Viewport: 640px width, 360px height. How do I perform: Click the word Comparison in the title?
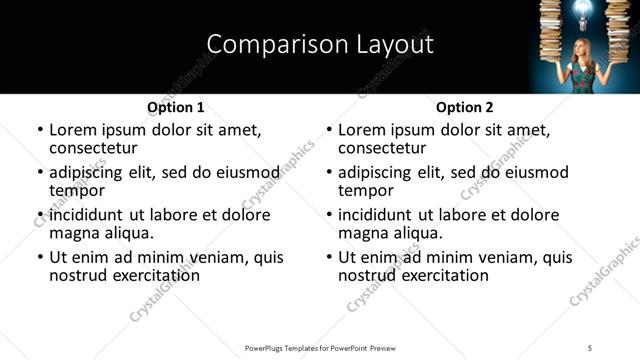pyautogui.click(x=264, y=44)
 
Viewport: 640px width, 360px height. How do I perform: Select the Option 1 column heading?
pyautogui.click(x=176, y=106)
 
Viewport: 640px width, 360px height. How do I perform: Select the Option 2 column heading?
pyautogui.click(x=465, y=106)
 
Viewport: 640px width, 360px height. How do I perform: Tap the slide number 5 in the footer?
pyautogui.click(x=590, y=347)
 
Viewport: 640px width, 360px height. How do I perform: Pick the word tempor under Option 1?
pyautogui.click(x=77, y=190)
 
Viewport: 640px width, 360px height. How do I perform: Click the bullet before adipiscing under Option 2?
pyautogui.click(x=329, y=172)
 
